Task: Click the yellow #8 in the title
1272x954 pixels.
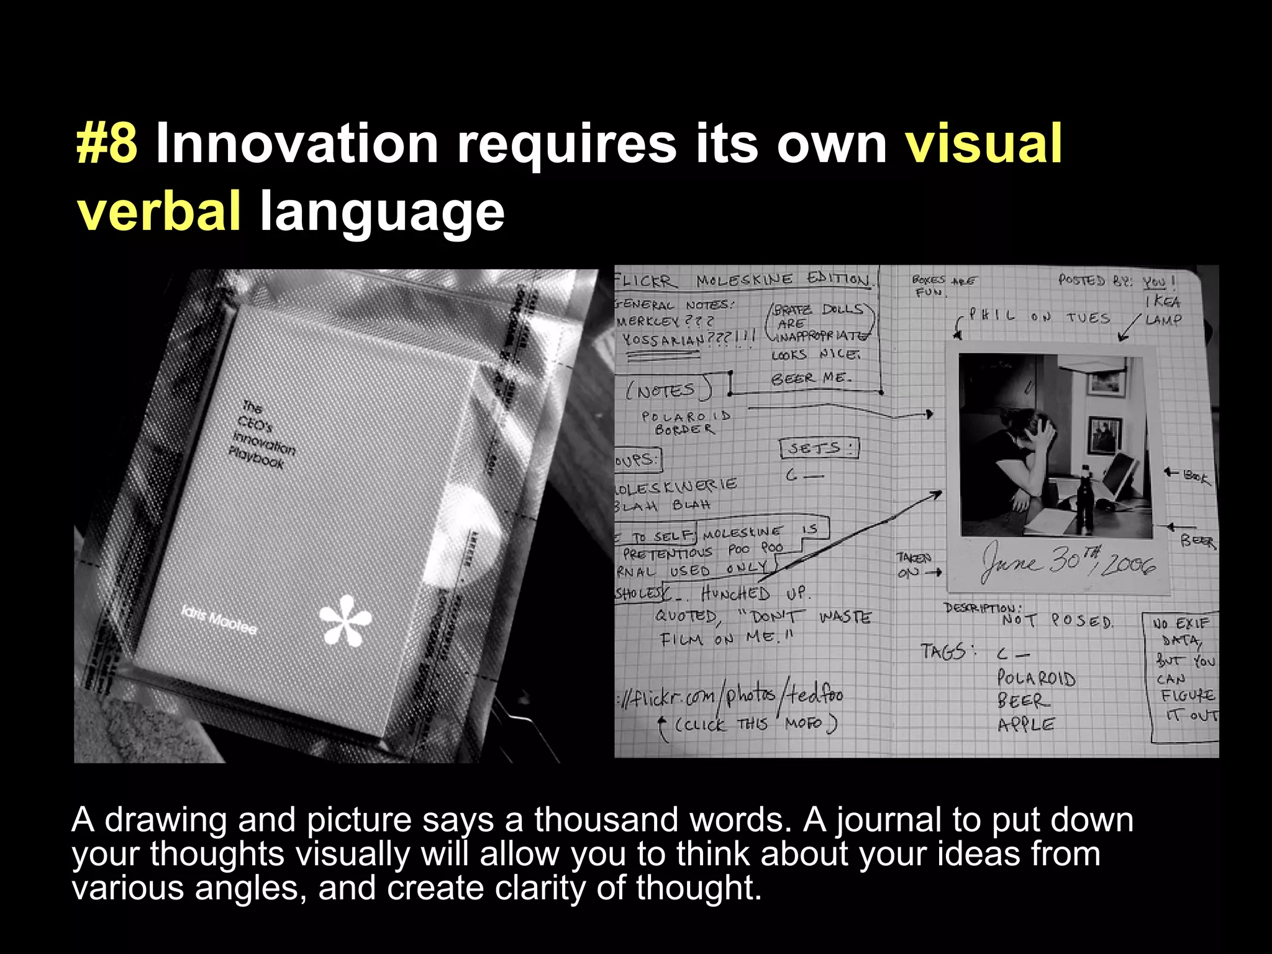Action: click(x=107, y=144)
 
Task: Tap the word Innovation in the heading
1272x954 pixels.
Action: click(x=297, y=144)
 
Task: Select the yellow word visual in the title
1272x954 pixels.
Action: click(x=983, y=144)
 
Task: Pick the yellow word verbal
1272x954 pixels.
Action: click(x=159, y=211)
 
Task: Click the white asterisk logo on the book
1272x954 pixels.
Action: click(x=345, y=620)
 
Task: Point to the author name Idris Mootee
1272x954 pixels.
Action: click(x=219, y=620)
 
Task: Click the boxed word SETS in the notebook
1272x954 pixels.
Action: click(x=819, y=448)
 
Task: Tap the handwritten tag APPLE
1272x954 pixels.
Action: click(x=1025, y=725)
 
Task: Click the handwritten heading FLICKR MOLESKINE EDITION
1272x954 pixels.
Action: click(x=742, y=280)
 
